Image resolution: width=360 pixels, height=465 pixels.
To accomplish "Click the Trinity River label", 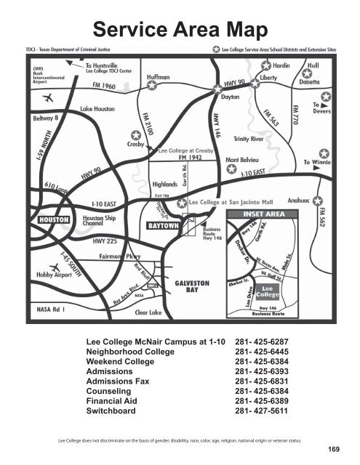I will click(252, 138).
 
